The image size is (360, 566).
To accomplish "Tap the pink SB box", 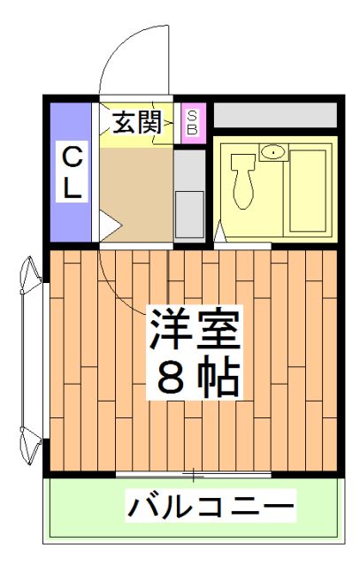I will [191, 122].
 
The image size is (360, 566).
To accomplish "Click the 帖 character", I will [218, 378].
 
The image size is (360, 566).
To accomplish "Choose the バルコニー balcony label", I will [210, 508].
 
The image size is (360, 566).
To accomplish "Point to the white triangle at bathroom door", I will [220, 233].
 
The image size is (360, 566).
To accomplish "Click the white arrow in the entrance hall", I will [107, 225].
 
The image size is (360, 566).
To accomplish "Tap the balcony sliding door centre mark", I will [194, 477].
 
